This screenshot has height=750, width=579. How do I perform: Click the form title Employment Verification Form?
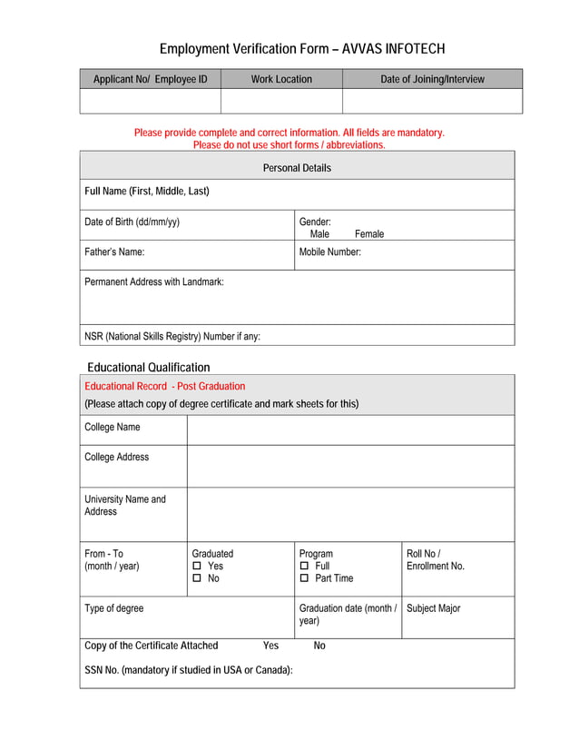coord(302,49)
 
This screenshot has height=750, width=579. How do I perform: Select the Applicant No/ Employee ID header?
coord(151,79)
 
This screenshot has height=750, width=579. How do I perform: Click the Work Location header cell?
coord(281,79)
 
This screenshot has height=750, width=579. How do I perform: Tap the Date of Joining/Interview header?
coord(432,79)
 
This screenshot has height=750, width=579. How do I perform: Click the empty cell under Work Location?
coord(281,101)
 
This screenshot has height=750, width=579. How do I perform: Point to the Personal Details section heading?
coord(297,168)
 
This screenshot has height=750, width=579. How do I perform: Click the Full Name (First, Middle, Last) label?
coord(147,191)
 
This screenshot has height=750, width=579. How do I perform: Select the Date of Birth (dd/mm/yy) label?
coord(132,222)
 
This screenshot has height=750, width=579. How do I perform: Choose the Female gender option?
coord(368,234)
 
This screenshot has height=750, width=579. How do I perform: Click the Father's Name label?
coord(114,252)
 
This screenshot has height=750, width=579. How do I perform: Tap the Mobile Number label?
coord(330,252)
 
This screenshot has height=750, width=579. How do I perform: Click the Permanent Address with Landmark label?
coord(154,282)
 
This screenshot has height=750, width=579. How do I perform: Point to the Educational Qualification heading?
coord(148,368)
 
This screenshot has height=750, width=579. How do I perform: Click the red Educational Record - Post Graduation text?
coord(164,386)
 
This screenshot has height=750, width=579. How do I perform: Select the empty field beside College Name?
coord(350,429)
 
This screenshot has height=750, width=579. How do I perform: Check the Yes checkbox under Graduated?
coord(196,567)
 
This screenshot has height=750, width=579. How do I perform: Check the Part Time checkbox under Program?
coord(304,578)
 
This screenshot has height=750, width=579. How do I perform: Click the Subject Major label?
coord(434,608)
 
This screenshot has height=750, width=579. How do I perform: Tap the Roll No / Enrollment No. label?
coord(436,559)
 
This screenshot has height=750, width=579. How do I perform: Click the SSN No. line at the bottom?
coord(189,670)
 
